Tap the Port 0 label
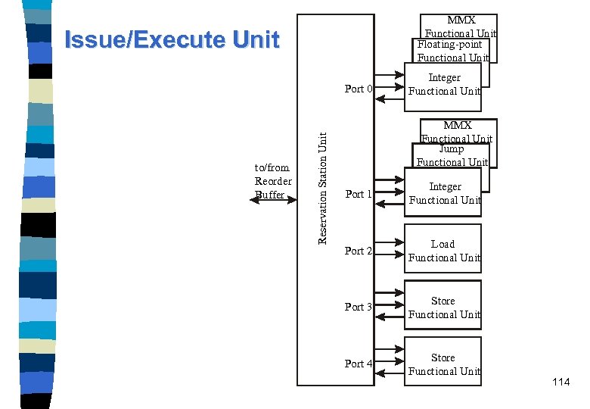click(359, 89)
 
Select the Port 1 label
click(359, 194)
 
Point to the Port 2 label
click(359, 251)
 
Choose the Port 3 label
click(359, 307)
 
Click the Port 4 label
click(359, 364)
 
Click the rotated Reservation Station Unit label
click(322, 188)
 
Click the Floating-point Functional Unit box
click(451, 51)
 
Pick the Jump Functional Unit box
click(452, 155)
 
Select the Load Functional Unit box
click(443, 251)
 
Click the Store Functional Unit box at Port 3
click(443, 308)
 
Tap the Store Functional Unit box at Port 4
click(443, 364)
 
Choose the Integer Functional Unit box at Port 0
click(444, 84)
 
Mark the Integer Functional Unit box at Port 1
click(444, 193)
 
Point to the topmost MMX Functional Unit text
click(461, 27)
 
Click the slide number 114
click(560, 382)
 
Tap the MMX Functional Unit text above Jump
click(457, 131)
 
